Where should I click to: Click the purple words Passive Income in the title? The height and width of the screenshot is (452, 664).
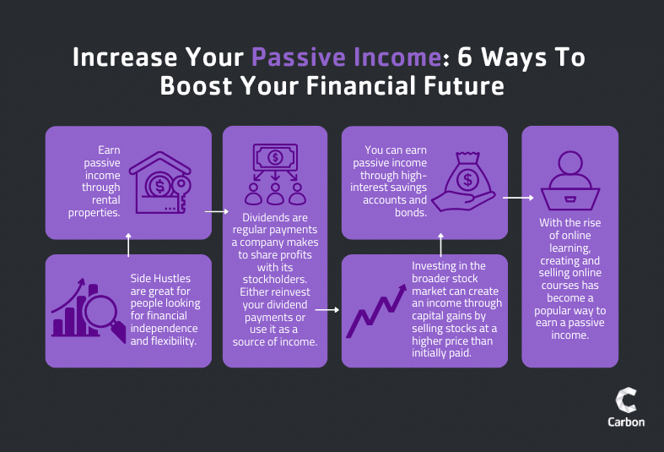[347, 57]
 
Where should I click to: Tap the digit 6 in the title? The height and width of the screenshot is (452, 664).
[465, 57]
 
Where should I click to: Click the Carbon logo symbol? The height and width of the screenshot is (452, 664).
[626, 400]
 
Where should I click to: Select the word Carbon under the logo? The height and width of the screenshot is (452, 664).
[626, 422]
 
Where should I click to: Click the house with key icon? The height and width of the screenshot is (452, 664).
[160, 182]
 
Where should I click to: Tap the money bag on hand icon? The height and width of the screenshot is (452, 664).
[465, 182]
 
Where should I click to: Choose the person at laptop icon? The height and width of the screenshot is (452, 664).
[570, 181]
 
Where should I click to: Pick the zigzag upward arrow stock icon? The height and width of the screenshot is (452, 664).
[376, 311]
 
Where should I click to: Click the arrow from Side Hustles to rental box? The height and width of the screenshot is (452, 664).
[128, 245]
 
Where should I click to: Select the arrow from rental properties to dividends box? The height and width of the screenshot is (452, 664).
[217, 211]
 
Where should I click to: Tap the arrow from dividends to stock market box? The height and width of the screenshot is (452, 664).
[327, 310]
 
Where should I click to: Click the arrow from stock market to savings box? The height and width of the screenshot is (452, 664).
[440, 245]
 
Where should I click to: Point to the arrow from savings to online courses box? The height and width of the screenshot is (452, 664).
[518, 198]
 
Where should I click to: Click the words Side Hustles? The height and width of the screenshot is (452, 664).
[160, 279]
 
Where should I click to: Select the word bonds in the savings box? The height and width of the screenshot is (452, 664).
[411, 212]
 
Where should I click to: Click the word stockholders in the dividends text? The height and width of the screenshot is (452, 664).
[275, 280]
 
